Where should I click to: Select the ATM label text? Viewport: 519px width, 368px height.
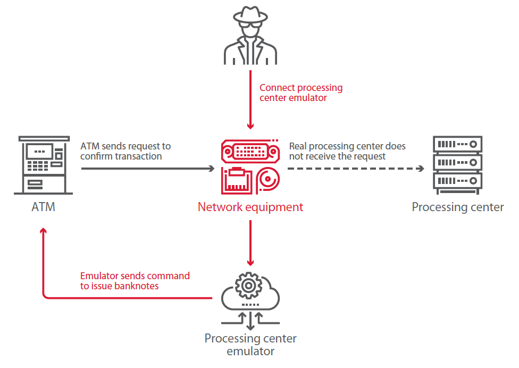point(43,206)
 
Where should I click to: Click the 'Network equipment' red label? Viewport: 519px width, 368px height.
point(250,207)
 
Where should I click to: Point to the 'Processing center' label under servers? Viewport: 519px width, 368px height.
point(457,207)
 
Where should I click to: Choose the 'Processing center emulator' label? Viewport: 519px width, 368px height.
point(250,345)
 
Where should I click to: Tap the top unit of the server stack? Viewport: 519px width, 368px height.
point(458,144)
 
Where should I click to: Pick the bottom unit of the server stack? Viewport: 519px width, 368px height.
point(458,181)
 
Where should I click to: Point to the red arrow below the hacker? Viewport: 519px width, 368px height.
point(250,101)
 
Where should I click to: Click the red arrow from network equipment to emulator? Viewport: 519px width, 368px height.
point(250,242)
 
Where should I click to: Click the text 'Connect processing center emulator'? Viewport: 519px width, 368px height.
point(300,93)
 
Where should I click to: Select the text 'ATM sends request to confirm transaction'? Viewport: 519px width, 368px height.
point(125,151)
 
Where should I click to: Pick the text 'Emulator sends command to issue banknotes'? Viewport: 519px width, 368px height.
point(135,281)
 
